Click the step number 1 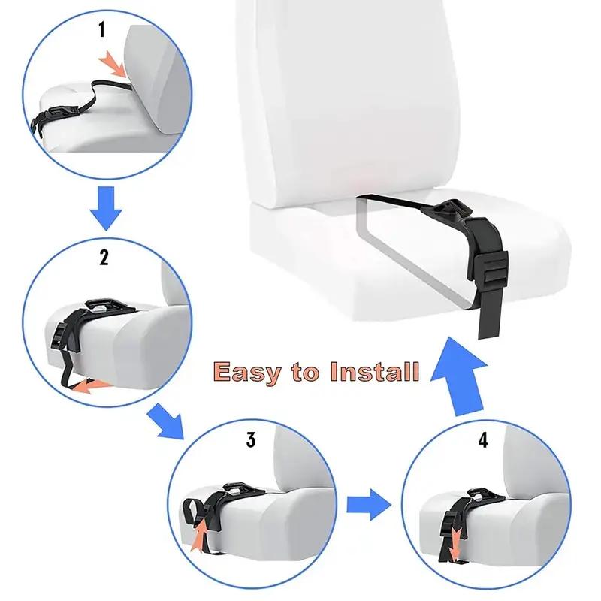pos(103,31)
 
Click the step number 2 pos(104,258)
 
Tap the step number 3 pos(250,440)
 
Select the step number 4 pos(482,441)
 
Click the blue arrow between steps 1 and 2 pos(104,209)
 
